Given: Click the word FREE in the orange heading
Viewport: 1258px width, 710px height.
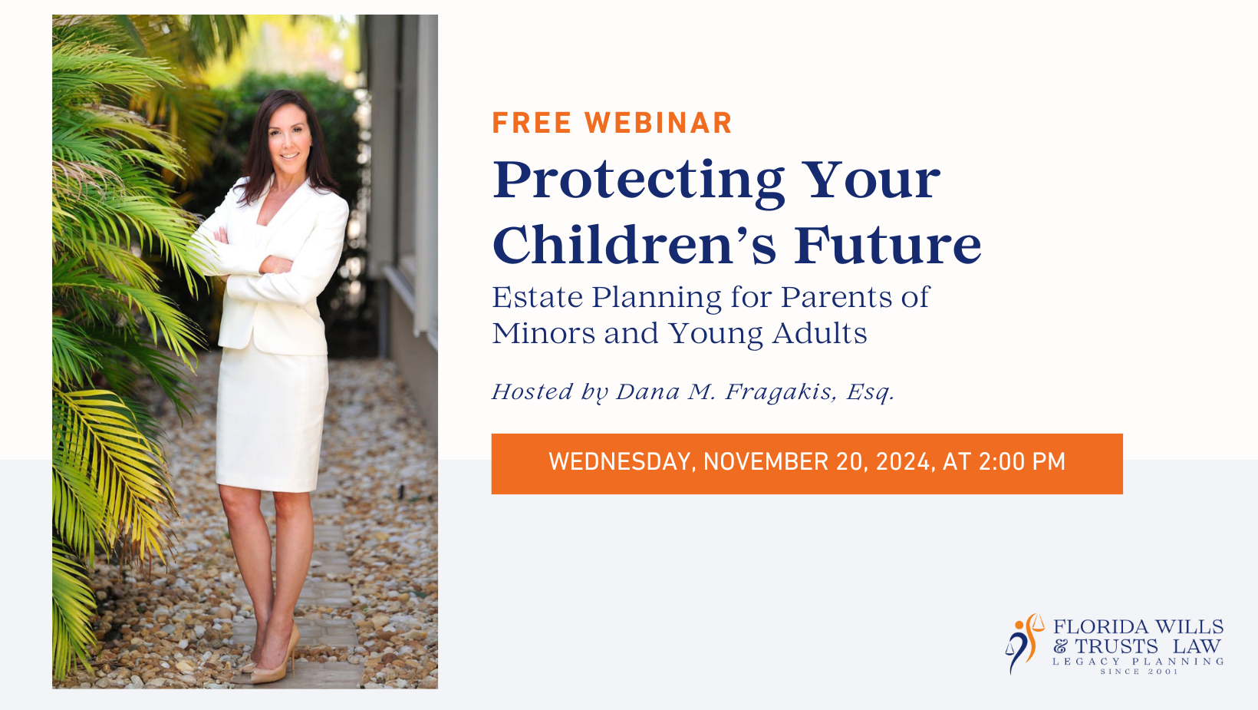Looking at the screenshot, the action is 532,123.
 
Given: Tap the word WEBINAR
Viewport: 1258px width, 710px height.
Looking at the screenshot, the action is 658,123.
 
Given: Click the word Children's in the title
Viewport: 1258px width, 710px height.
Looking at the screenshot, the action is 634,246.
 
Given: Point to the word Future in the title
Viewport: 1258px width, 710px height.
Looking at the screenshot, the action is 888,246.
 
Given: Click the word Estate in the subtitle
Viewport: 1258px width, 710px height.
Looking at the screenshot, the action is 538,297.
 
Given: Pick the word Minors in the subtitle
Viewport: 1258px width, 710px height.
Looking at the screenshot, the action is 543,333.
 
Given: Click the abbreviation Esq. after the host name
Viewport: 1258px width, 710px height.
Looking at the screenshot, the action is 871,392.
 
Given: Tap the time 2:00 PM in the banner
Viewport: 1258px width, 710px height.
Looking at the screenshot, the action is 1022,462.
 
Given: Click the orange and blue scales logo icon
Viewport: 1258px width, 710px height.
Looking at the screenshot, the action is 1024,644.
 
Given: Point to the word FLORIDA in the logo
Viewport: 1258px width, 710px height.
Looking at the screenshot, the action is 1100,627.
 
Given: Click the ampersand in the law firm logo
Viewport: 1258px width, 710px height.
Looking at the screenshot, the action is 1061,646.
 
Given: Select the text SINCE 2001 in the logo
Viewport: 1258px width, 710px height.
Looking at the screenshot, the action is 1138,672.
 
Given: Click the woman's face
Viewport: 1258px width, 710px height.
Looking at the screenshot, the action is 289,135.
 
